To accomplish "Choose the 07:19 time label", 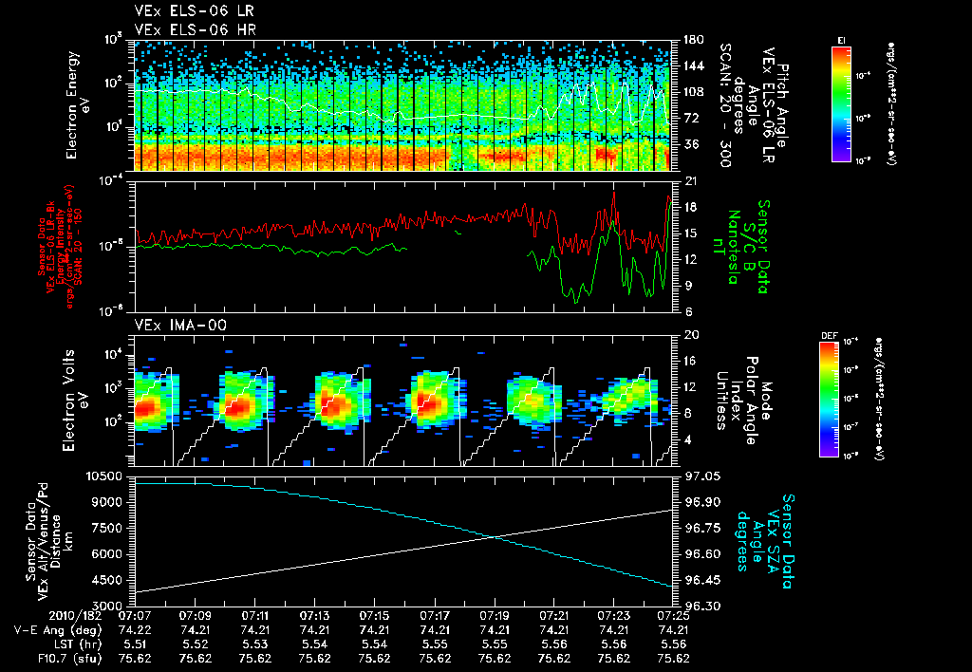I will click(494, 616).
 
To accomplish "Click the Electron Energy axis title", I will click(85, 105).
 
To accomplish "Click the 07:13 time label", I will click(314, 616).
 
